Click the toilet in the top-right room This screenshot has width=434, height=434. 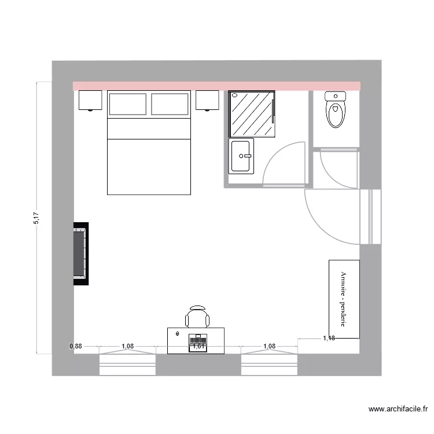coord(336,110)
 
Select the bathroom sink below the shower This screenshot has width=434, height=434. coord(242,156)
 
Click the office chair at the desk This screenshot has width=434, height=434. coord(197,317)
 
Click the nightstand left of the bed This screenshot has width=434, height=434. coord(90,101)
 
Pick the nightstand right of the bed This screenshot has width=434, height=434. coord(207,101)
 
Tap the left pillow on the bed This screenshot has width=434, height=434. coord(127,104)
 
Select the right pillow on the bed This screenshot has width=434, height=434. coord(171,104)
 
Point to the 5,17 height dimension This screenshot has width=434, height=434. coord(36,218)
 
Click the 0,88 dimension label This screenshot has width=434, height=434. coord(76,347)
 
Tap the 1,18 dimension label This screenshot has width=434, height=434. coord(329,339)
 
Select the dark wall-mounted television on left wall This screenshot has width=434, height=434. coord(80,253)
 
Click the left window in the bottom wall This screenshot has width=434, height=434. coord(128,365)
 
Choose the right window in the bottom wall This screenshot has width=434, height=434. coord(269,365)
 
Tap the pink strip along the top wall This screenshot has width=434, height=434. coord(216,86)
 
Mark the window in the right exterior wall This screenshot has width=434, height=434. coord(370,216)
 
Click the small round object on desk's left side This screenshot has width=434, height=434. coord(177,334)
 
